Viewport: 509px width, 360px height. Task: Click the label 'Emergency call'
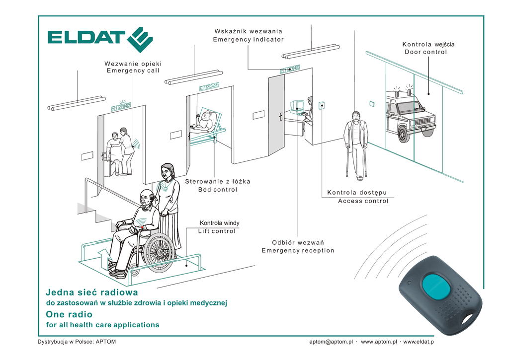point(133,71)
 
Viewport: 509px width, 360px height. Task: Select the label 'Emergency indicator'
point(248,39)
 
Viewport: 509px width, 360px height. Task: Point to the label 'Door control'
point(425,52)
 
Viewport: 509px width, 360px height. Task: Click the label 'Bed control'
point(218,189)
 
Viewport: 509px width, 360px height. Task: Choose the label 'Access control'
point(363,201)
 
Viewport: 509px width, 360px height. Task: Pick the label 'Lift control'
point(217,231)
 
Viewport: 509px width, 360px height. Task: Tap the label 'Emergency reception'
point(298,250)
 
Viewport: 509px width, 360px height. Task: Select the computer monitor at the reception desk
point(298,106)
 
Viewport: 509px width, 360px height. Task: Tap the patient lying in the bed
point(204,121)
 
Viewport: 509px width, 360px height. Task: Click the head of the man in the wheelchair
point(146,198)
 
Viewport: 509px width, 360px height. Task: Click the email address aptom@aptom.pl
point(331,342)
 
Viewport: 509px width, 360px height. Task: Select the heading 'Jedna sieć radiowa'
point(91,292)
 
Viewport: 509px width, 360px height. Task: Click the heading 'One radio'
point(69,314)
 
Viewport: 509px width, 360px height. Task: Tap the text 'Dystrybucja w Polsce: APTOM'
point(77,342)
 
